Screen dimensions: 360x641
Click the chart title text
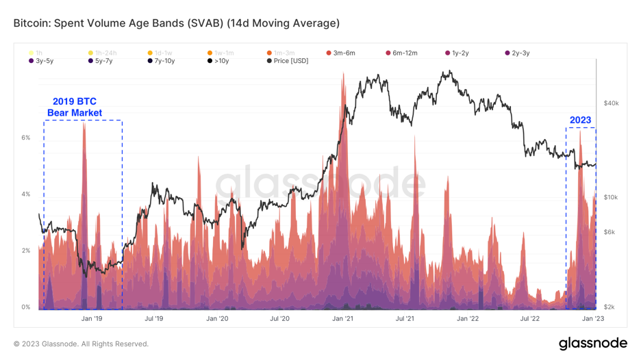[x=176, y=23]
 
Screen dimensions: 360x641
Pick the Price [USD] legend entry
[x=288, y=61]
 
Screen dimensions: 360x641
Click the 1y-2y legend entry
[x=460, y=53]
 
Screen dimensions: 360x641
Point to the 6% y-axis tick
[x=25, y=138]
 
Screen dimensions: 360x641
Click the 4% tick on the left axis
[x=25, y=194]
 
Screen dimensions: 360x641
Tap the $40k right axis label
[x=611, y=103]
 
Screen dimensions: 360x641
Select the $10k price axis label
[x=611, y=197]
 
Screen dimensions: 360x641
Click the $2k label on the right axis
[x=609, y=307]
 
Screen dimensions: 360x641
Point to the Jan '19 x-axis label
[x=91, y=318]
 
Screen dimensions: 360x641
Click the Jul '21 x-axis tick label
[x=405, y=318]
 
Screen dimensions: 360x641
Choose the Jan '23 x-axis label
[x=593, y=318]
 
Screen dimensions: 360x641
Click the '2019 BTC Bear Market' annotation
[x=75, y=107]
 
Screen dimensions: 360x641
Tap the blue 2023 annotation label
[x=580, y=120]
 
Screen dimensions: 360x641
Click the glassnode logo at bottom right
[x=592, y=343]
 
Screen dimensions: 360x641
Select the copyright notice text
[x=81, y=344]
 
